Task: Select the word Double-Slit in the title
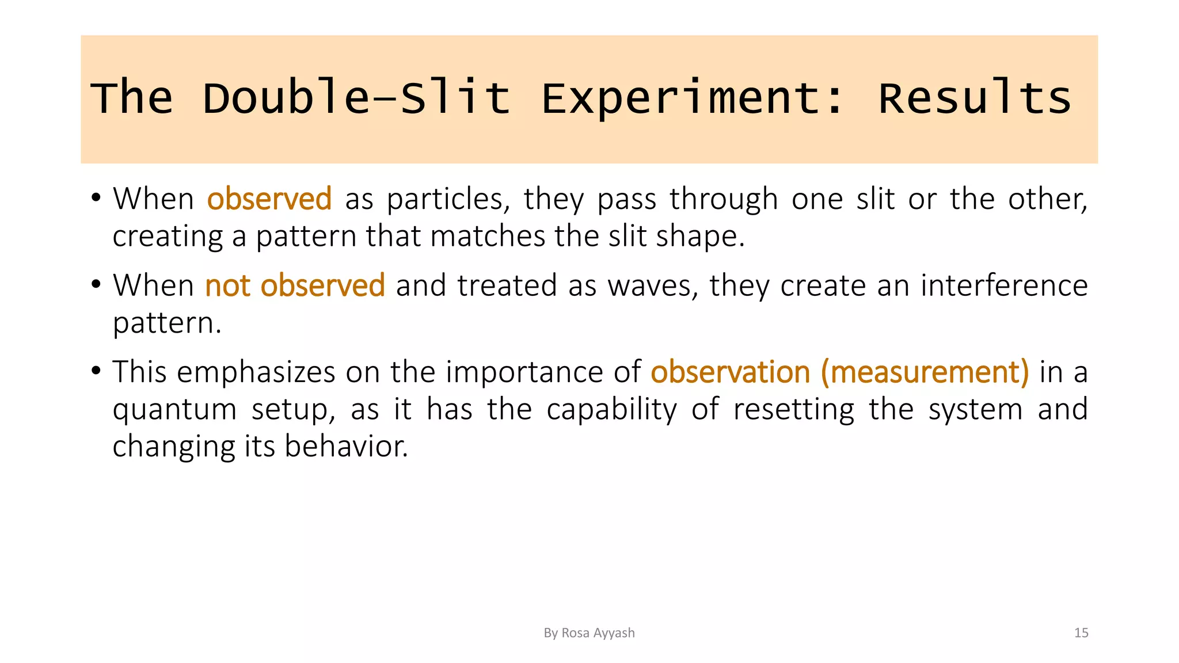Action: pos(356,98)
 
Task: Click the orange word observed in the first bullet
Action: pos(269,199)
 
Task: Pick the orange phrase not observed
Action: pos(295,285)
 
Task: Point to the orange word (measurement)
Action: pos(925,372)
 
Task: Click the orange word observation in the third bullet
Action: pos(730,372)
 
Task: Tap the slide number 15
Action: pos(1081,633)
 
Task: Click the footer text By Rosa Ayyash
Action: pos(589,633)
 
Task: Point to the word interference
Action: pos(1004,285)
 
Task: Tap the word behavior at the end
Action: pos(346,447)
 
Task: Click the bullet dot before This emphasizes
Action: pos(96,370)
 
